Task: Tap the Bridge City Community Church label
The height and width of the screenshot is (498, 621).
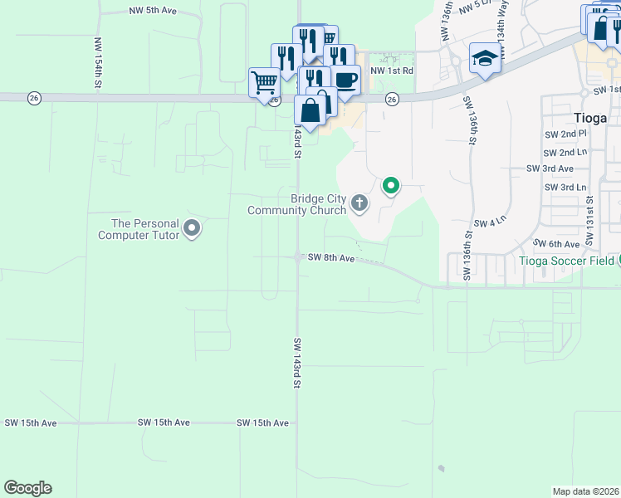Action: (x=296, y=204)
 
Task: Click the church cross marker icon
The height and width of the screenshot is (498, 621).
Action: (x=359, y=203)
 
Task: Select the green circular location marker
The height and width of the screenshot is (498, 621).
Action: (x=390, y=186)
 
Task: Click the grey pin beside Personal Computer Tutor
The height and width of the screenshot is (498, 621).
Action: (x=192, y=227)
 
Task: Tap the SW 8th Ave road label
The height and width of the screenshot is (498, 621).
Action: (x=331, y=259)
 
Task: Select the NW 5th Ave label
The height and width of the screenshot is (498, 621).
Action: (x=153, y=11)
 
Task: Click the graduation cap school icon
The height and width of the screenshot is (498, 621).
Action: (x=484, y=58)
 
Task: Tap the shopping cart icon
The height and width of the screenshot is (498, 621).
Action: (x=264, y=82)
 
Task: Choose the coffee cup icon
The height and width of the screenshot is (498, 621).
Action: (x=346, y=80)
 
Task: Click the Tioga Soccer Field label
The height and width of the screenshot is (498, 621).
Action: (x=567, y=261)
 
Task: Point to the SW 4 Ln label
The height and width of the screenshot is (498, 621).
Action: (x=489, y=223)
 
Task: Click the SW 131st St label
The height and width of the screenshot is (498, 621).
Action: (x=589, y=221)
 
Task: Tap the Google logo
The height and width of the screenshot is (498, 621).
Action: (x=27, y=488)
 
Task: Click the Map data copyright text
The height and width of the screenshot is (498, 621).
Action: (x=586, y=491)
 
